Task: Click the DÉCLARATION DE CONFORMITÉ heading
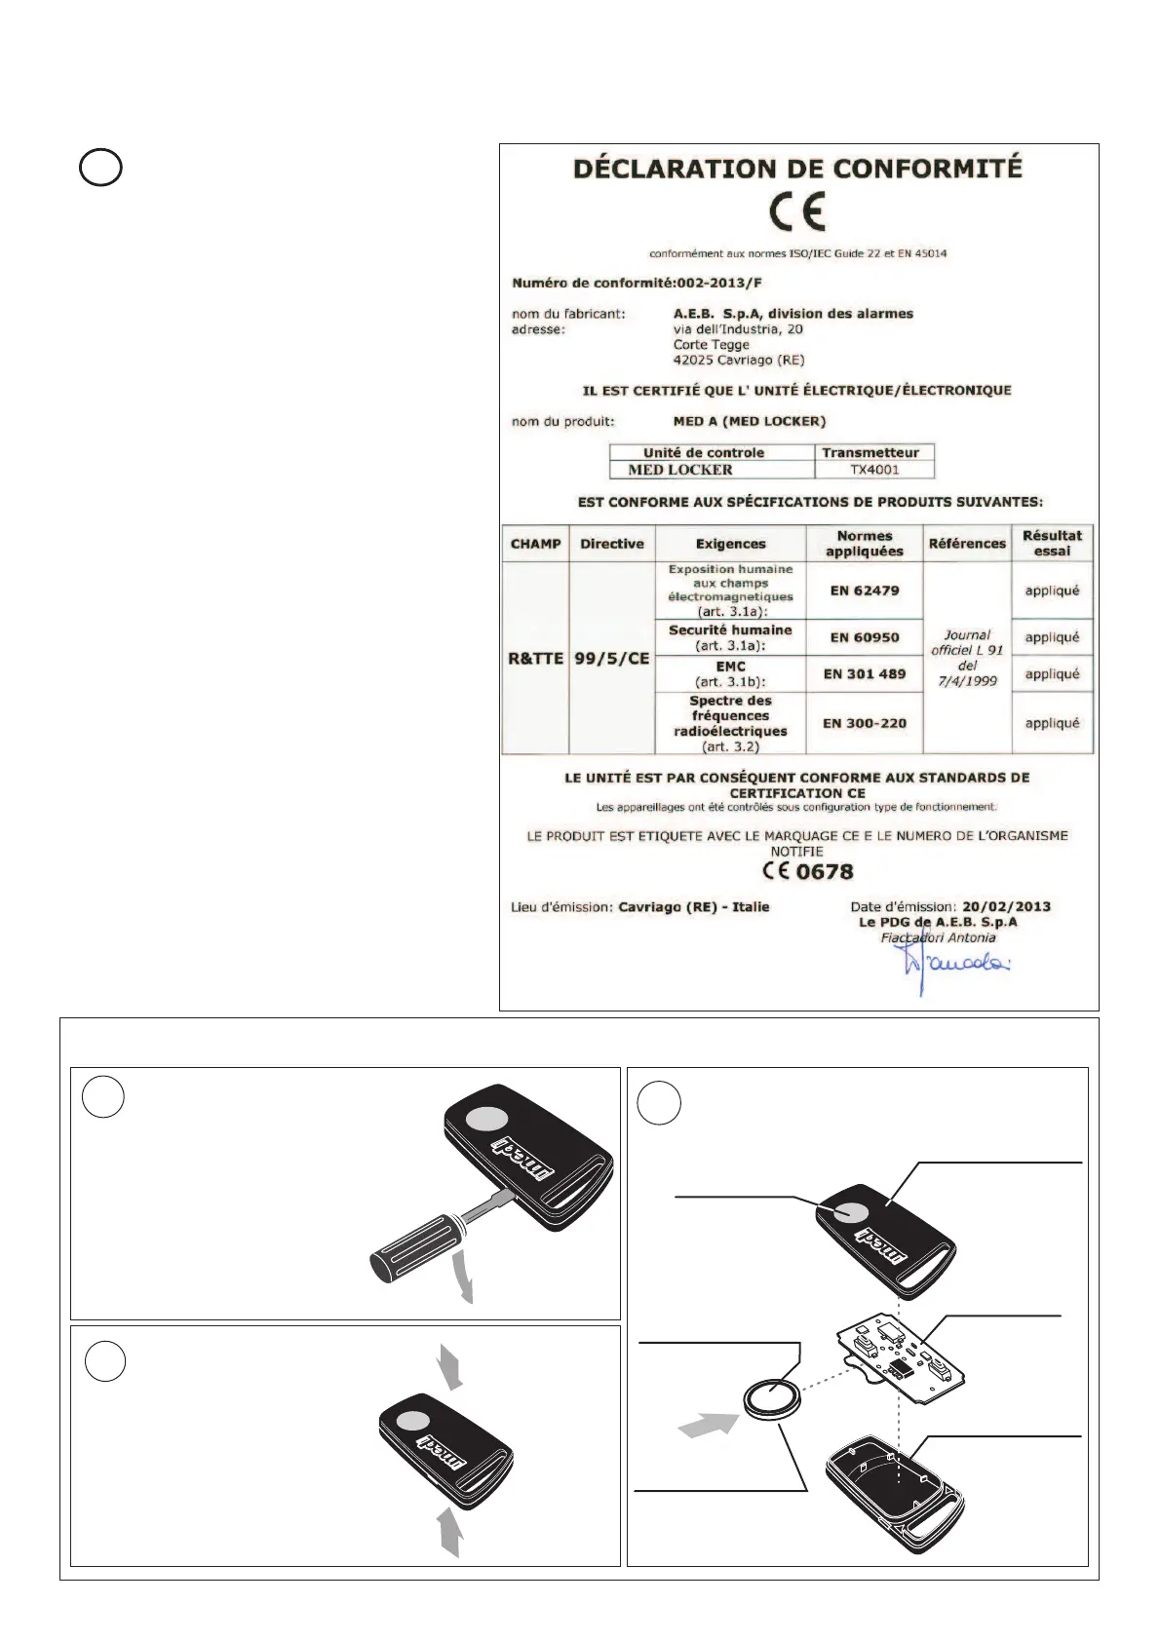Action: (x=797, y=169)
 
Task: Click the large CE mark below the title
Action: (x=796, y=211)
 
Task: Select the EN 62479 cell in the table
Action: (x=865, y=591)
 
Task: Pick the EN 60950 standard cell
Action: (x=865, y=637)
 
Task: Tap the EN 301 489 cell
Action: (x=865, y=673)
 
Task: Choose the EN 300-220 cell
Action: (x=865, y=723)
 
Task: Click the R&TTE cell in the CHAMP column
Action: (x=535, y=659)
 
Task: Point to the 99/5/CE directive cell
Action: (x=611, y=659)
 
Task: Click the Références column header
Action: (x=967, y=544)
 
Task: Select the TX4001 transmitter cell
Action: (x=874, y=470)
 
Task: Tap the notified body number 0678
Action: (x=825, y=872)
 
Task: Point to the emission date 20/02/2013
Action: (x=1007, y=906)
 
